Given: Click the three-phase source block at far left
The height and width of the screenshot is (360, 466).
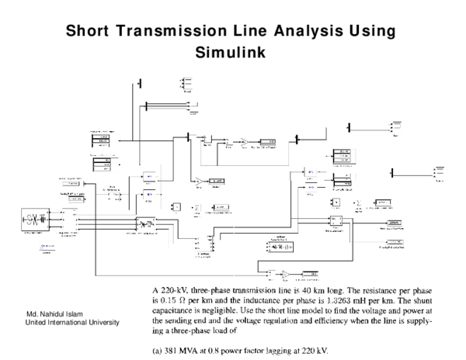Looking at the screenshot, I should (x=33, y=218).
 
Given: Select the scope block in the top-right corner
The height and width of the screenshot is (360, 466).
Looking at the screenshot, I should (x=398, y=126).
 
